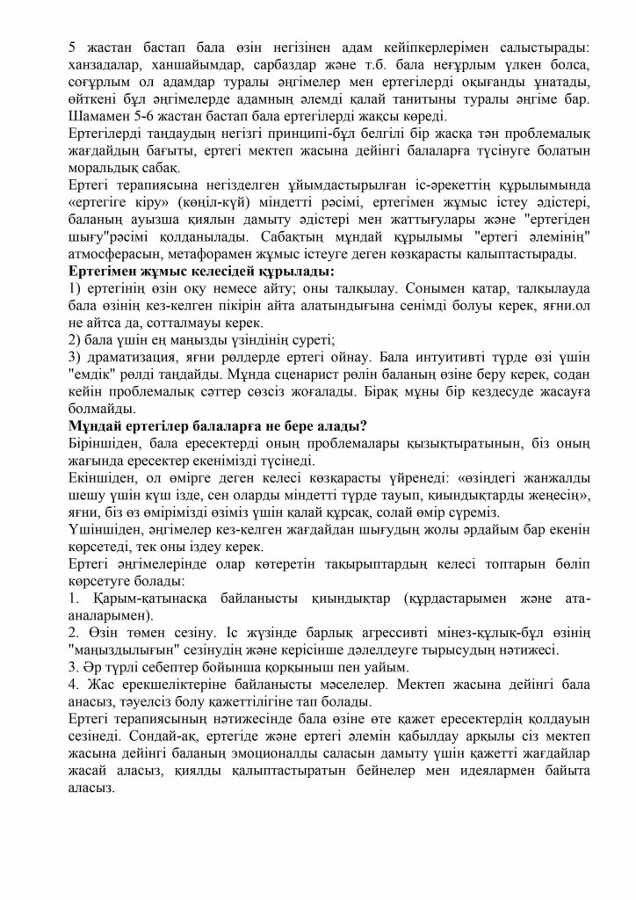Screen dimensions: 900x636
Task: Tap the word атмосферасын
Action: (118, 251)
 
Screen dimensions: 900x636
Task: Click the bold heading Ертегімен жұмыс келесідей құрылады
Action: (192, 269)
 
